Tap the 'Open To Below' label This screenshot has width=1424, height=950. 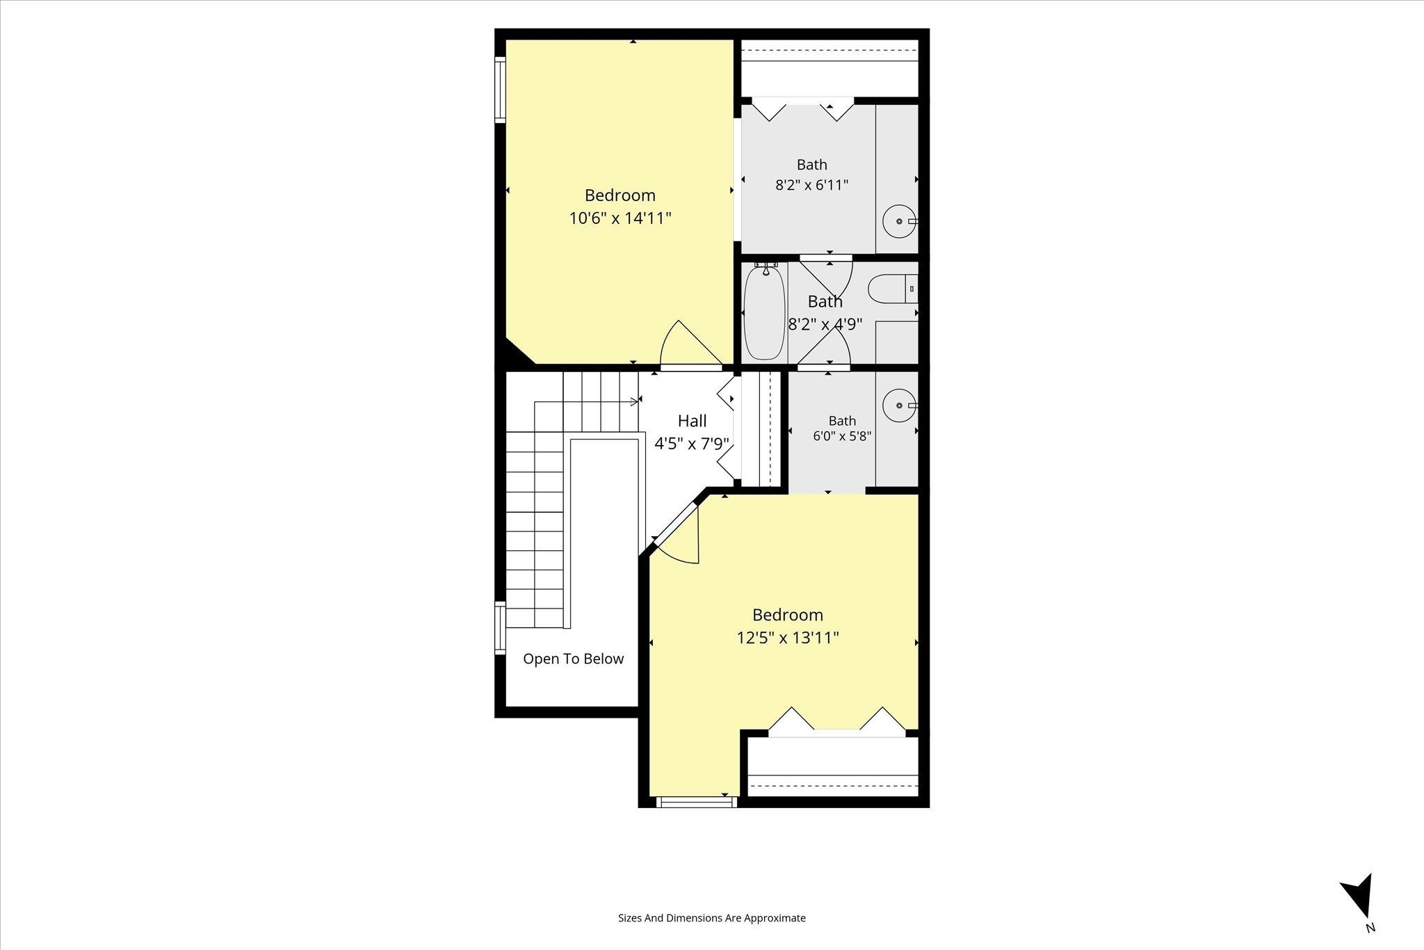[x=574, y=659]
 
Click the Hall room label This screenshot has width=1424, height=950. [x=693, y=421]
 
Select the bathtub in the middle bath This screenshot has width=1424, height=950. [x=764, y=313]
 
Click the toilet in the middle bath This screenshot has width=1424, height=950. [x=893, y=289]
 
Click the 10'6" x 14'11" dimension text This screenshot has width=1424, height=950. [x=620, y=218]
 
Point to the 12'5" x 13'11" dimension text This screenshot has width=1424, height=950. [x=788, y=638]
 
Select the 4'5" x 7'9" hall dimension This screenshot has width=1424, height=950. [x=692, y=443]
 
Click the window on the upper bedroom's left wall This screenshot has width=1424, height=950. [x=500, y=90]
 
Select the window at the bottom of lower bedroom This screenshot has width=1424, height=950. [x=696, y=802]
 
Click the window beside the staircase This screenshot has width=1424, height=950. [x=500, y=628]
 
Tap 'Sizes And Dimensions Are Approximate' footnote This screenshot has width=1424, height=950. [x=712, y=918]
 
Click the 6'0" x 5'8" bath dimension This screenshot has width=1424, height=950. [x=842, y=436]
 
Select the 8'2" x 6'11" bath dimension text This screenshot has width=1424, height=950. [x=812, y=185]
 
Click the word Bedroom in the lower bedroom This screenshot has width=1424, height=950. [x=788, y=615]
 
